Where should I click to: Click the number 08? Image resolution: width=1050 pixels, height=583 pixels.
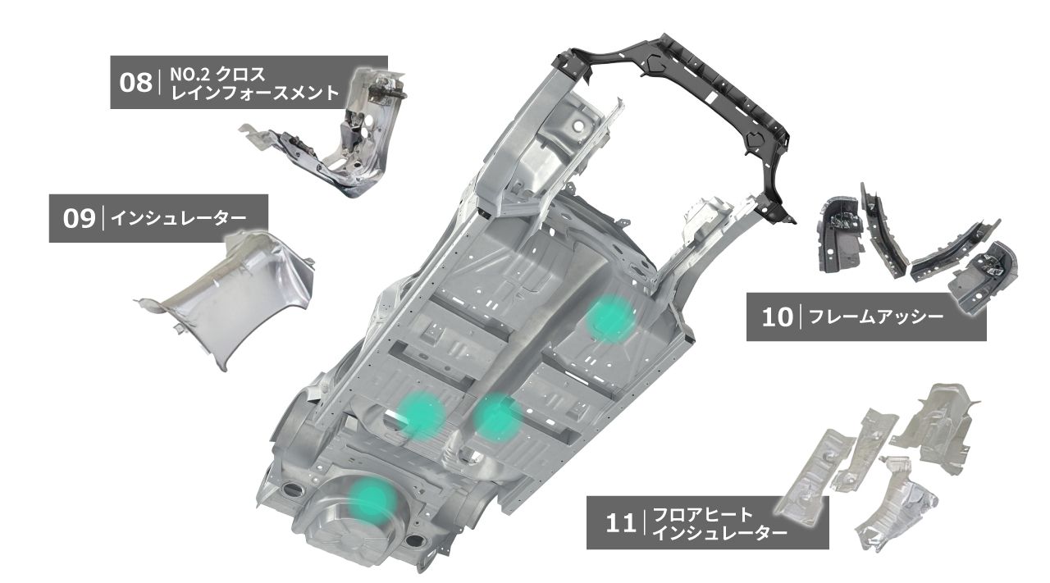point(135,83)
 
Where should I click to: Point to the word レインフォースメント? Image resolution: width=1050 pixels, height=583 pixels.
point(254,93)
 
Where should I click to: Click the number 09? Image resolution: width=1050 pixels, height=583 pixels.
point(80,219)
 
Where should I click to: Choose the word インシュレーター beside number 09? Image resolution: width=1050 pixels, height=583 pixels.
point(178,218)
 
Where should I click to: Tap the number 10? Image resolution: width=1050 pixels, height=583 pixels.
point(777,317)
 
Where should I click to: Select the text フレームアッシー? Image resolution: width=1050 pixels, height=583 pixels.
point(876,317)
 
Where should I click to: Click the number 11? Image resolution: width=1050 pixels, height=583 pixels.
point(621,523)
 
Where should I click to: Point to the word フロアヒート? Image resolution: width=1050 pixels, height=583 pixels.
point(703,515)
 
